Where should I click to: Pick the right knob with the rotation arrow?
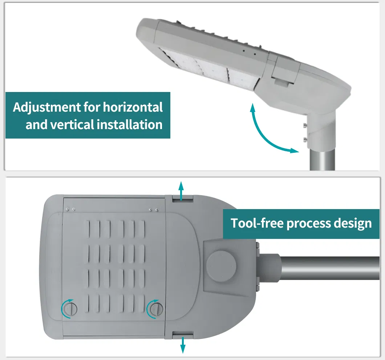tap(156, 309)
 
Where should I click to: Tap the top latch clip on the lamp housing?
tap(182, 198)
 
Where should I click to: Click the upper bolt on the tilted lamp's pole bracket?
tap(304, 126)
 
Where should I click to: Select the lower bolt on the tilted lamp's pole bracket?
tap(305, 139)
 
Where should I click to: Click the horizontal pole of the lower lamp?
tap(327, 268)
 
